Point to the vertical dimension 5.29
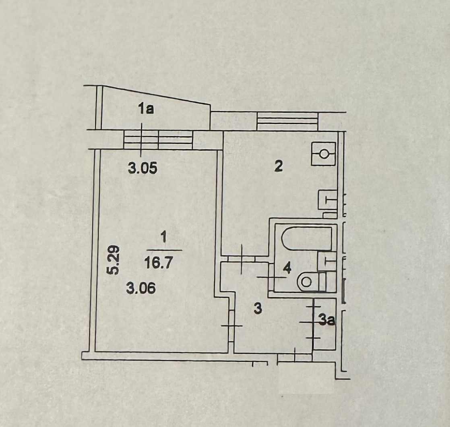pos(114,260)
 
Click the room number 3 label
pos(258,309)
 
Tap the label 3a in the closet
pos(327,321)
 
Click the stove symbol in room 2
pos(324,153)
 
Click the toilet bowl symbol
pos(308,282)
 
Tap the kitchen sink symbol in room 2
pos(328,199)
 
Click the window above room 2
pos(287,121)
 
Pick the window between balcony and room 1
pos(158,139)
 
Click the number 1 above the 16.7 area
pos(163,238)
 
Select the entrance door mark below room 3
pos(295,356)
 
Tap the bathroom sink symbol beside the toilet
pos(327,260)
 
